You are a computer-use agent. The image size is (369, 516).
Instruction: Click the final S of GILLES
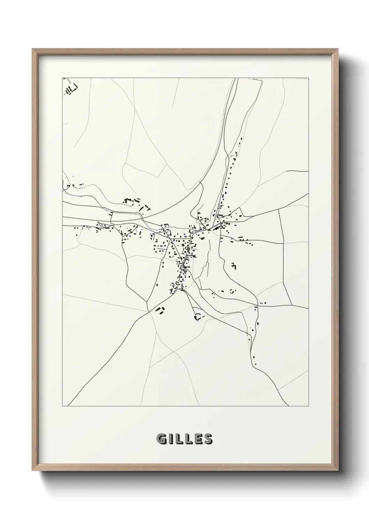208,439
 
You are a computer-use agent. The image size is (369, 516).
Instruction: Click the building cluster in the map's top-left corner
70,89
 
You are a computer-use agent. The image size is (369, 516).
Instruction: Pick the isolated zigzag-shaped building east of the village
234,266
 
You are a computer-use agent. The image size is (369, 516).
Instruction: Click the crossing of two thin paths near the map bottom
173,351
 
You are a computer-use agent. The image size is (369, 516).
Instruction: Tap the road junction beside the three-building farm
149,311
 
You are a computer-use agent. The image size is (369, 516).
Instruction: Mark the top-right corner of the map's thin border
308,77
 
